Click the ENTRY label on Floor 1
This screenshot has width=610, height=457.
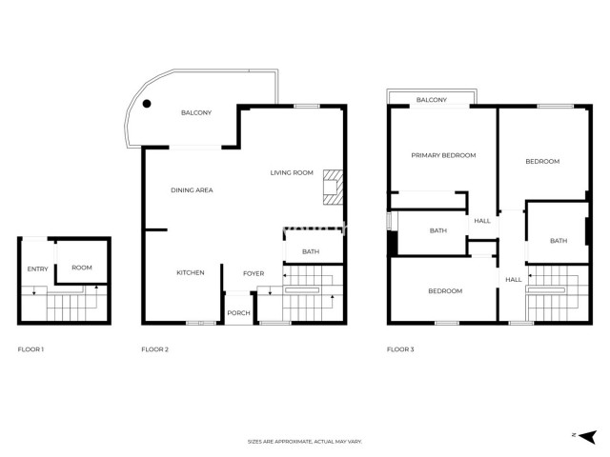pyautogui.click(x=37, y=268)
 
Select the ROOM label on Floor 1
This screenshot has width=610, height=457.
pyautogui.click(x=82, y=268)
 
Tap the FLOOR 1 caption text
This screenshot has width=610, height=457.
pyautogui.click(x=31, y=350)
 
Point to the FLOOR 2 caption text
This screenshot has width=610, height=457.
pyautogui.click(x=155, y=350)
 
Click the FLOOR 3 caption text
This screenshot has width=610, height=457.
pyautogui.click(x=400, y=350)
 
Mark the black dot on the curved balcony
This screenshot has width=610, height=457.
pyautogui.click(x=147, y=105)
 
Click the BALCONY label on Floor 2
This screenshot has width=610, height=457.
pyautogui.click(x=196, y=113)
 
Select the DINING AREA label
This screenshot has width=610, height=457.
pyautogui.click(x=192, y=190)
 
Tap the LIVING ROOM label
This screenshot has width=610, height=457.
pyautogui.click(x=292, y=172)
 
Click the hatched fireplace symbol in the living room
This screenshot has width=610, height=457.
pyautogui.click(x=332, y=187)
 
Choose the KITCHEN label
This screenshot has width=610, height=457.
pyautogui.click(x=191, y=273)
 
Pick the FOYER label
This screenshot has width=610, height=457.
pyautogui.click(x=254, y=273)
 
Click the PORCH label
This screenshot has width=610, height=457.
pyautogui.click(x=238, y=312)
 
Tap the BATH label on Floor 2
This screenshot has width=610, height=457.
pyautogui.click(x=311, y=251)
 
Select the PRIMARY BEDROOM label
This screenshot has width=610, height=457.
pyautogui.click(x=443, y=155)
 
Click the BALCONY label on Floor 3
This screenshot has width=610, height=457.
pyautogui.click(x=432, y=100)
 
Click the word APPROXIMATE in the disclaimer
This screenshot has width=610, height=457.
pyautogui.click(x=290, y=442)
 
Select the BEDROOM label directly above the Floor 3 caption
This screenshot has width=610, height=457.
pyautogui.click(x=444, y=290)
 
